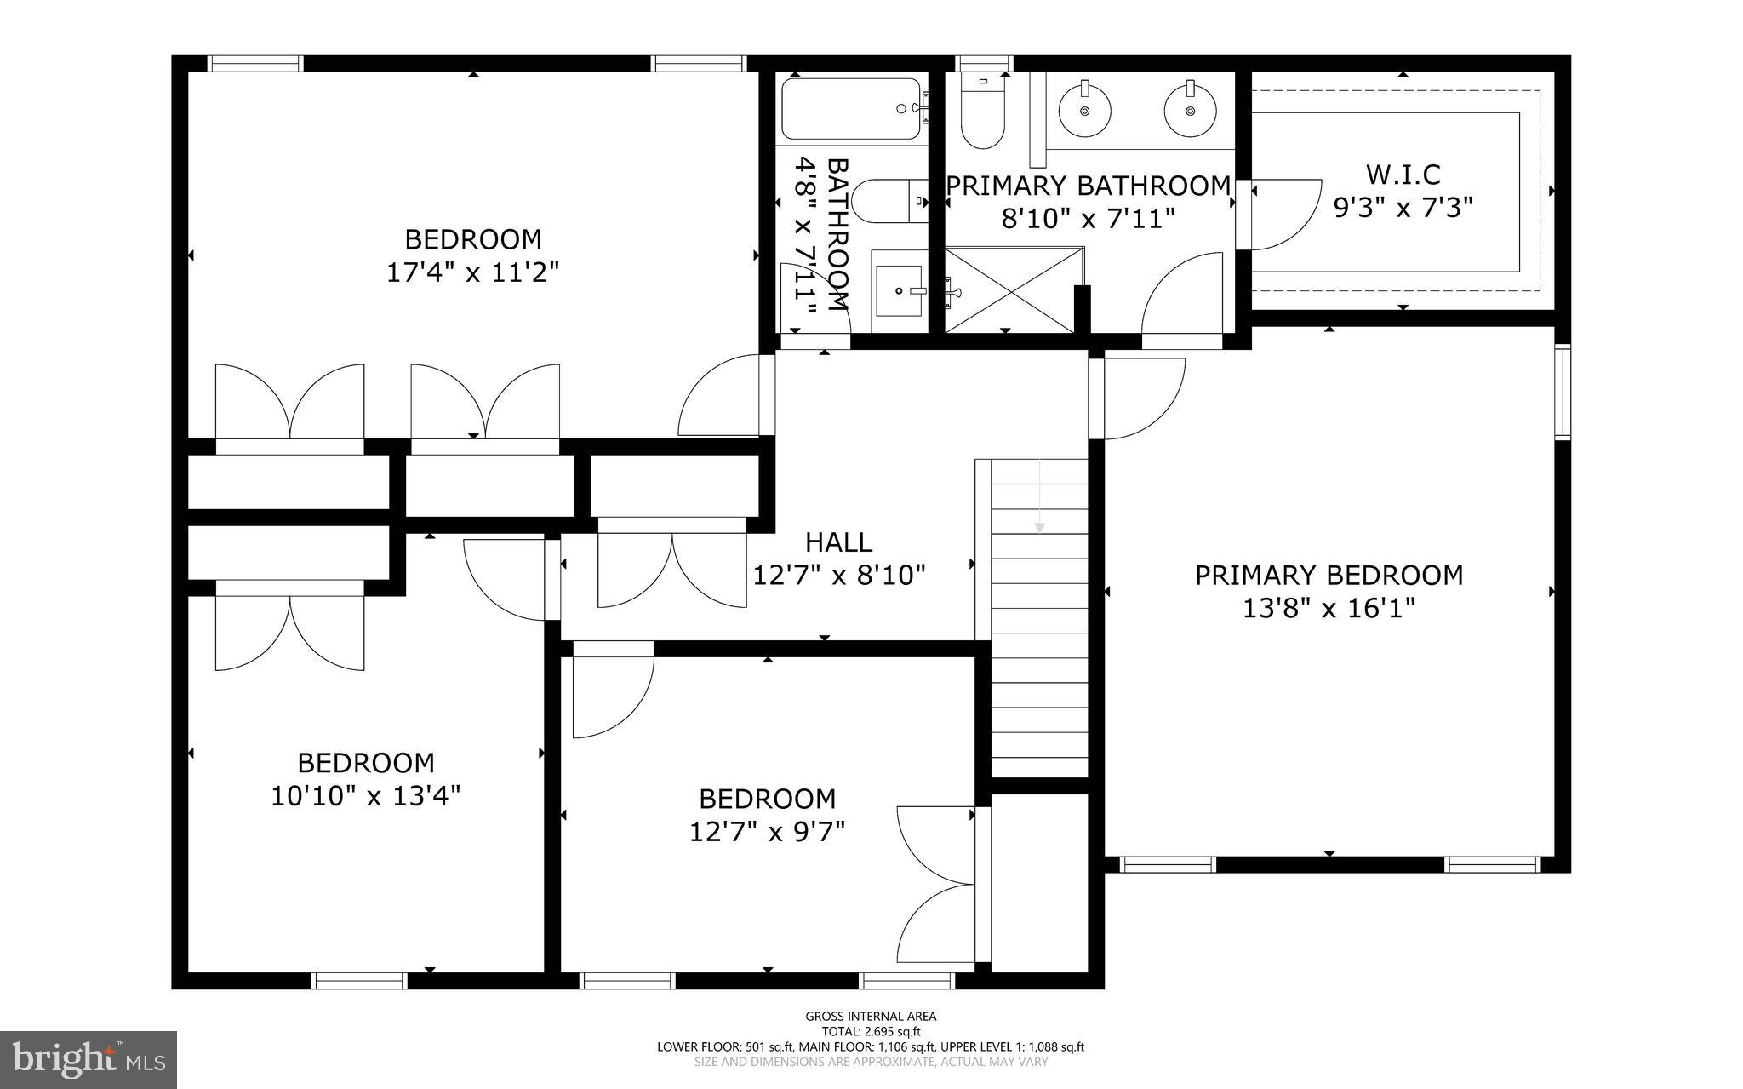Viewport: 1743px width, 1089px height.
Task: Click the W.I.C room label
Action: (1403, 174)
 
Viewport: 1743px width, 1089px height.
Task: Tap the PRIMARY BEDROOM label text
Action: (1329, 576)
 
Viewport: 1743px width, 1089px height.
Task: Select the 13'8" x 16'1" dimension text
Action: (1329, 610)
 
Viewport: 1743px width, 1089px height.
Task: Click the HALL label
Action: (838, 542)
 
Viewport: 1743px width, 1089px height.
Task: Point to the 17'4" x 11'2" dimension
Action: (472, 272)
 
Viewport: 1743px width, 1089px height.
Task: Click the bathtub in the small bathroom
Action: (851, 109)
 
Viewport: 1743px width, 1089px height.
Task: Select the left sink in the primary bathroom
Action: (1084, 110)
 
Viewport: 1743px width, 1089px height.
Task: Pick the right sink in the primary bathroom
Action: (1190, 110)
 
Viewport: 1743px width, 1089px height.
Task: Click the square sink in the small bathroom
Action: (900, 291)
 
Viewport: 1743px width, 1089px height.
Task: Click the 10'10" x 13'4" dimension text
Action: (366, 796)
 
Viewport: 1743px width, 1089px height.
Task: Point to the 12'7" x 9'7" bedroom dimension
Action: (767, 832)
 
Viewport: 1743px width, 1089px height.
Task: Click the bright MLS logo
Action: (89, 1059)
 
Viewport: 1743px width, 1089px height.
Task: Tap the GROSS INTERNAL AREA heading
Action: (871, 1016)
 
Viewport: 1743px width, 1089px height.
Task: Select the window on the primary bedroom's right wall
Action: (1563, 393)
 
